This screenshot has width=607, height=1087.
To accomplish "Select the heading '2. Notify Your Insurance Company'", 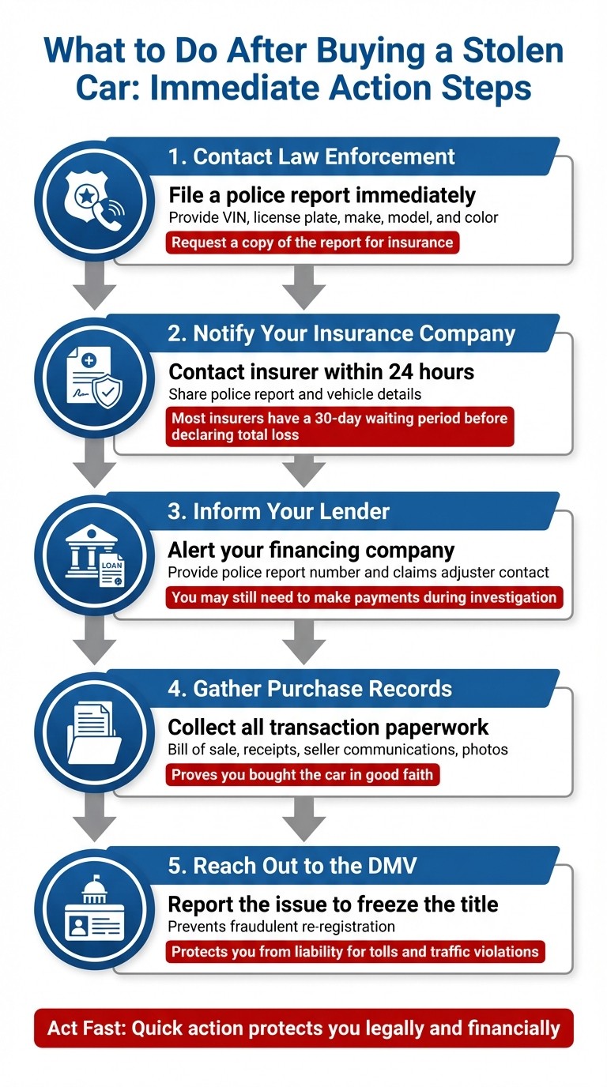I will [x=342, y=333].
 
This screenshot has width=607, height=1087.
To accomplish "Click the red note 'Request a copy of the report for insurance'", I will [x=312, y=243].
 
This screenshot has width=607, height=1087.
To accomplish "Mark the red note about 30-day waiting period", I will [x=340, y=427].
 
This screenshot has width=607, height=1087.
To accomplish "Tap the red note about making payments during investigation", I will [x=364, y=597].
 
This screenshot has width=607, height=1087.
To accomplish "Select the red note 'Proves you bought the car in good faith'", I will [x=302, y=774].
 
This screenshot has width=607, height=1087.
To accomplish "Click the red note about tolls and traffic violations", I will [x=355, y=951].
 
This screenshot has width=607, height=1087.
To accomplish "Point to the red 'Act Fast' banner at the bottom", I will [x=303, y=1028].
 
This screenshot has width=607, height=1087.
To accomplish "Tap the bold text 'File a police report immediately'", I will [x=322, y=195].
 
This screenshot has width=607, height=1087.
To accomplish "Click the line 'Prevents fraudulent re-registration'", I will [x=281, y=927].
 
